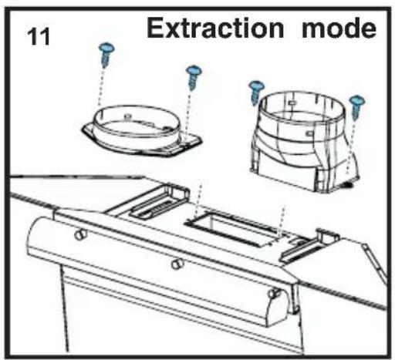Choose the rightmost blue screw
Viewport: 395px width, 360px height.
tap(356, 104)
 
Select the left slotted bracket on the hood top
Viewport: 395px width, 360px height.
tap(155, 205)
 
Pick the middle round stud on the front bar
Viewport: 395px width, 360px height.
tap(176, 264)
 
